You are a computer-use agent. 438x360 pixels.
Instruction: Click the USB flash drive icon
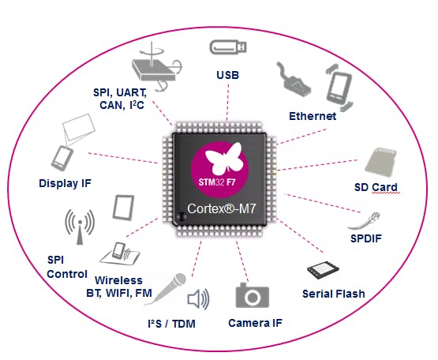(228, 47)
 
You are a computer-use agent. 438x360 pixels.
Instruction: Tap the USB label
(227, 75)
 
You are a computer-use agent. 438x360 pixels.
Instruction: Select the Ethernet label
(313, 116)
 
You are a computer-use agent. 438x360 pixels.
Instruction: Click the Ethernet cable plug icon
(294, 81)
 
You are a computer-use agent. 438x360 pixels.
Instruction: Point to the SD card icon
(380, 163)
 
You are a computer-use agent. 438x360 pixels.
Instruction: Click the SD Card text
(376, 187)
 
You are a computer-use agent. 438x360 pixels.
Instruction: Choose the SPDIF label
(366, 238)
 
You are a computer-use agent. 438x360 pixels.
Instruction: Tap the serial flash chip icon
(323, 270)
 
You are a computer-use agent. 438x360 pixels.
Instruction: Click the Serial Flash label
(334, 294)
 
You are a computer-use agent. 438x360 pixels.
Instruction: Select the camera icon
(253, 295)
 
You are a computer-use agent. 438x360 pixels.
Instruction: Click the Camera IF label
(255, 323)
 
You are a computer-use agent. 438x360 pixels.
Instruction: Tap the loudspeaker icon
(198, 299)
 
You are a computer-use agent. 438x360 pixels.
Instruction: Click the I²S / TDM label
(171, 324)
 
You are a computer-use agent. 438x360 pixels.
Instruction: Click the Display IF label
(65, 183)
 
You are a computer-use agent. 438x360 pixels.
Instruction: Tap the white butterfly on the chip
(224, 158)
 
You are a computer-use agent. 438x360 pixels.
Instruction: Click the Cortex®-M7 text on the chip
(222, 208)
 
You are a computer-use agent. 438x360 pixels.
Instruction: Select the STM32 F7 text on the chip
(217, 182)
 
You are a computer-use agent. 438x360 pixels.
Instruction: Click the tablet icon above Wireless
(123, 208)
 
